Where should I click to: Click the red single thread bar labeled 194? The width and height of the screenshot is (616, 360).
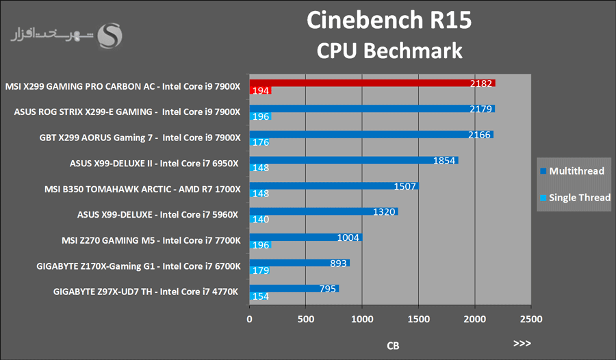261,90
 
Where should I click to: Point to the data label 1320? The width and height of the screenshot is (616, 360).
385,211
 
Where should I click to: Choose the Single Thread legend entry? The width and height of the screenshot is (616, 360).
575,198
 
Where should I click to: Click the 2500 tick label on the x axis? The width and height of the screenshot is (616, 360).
530,319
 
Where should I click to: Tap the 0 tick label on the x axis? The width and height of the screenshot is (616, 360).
250,319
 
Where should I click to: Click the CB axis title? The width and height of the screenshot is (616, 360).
393,346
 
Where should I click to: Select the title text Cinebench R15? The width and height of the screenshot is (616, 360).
389,21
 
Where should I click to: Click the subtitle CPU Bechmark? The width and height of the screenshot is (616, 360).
389,51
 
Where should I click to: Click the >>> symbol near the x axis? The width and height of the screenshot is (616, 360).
522,343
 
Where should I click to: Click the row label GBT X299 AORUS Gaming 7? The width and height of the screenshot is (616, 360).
140,138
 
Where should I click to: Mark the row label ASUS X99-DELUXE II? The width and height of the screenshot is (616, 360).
154,164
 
